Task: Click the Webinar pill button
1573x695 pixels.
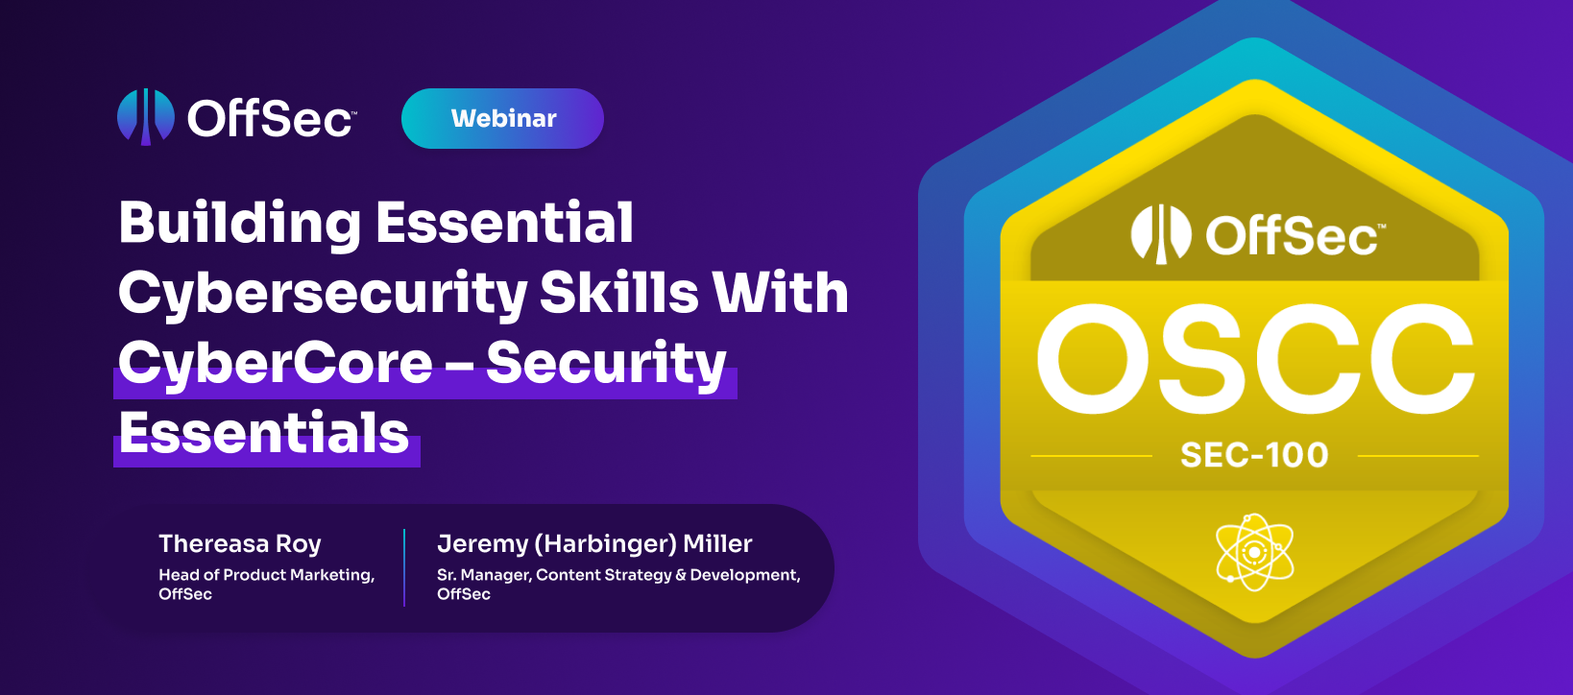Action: pos(502,118)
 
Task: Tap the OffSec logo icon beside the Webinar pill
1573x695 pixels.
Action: pos(145,116)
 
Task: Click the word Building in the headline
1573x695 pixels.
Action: pos(239,223)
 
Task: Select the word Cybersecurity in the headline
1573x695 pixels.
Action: pos(323,293)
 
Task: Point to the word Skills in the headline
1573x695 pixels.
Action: pos(618,293)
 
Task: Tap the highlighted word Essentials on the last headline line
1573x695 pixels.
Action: pos(264,433)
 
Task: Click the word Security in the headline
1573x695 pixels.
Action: pos(606,363)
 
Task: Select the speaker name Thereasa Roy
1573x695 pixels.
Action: pos(240,543)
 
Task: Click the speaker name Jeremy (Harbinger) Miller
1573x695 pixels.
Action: pos(594,543)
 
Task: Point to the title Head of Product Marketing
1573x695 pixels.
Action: pos(266,575)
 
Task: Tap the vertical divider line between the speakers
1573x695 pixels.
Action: pos(404,567)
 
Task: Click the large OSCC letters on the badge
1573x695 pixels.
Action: pos(1254,359)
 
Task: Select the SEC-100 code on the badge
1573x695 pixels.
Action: pos(1254,455)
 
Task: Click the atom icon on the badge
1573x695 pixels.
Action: pos(1254,552)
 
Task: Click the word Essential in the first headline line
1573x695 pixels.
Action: pos(505,223)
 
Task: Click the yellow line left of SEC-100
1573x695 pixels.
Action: pos(1091,456)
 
